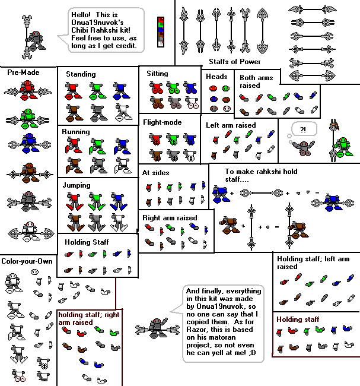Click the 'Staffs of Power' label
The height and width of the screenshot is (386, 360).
coord(234,62)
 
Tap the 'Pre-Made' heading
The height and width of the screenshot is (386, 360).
coord(23,72)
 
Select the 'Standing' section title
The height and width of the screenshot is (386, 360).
coord(81,74)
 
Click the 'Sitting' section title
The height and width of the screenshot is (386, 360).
coord(157,74)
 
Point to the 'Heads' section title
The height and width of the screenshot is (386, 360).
coord(217,77)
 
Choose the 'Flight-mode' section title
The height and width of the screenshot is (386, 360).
coord(162,122)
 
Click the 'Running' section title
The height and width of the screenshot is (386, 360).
coord(77,131)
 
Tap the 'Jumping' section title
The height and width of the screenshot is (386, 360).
coord(77,185)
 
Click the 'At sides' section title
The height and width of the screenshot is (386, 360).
coord(155,173)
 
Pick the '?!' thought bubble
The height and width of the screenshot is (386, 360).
coord(304,128)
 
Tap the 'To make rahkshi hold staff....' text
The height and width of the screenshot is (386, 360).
coord(258,172)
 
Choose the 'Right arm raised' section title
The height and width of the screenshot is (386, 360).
coord(170,218)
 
